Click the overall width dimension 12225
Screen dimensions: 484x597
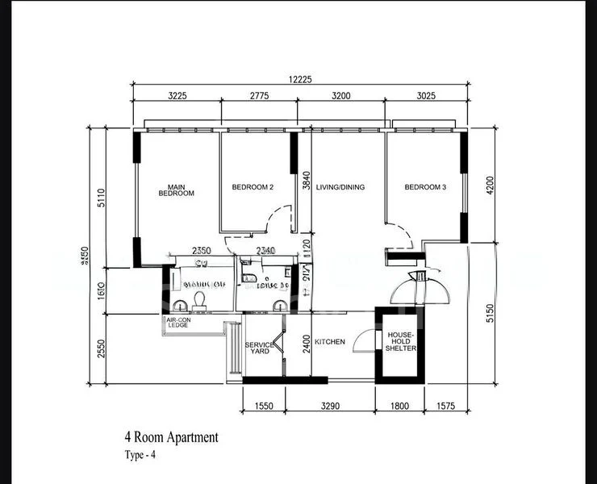pyautogui.click(x=298, y=78)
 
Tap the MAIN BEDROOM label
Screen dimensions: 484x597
pyautogui.click(x=176, y=190)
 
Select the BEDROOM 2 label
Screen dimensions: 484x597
pyautogui.click(x=253, y=187)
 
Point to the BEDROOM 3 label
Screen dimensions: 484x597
pyautogui.click(x=425, y=187)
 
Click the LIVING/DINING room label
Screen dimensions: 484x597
pyautogui.click(x=340, y=187)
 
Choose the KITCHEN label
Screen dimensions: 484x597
pyautogui.click(x=330, y=342)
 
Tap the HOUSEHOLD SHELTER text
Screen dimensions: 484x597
pyautogui.click(x=402, y=340)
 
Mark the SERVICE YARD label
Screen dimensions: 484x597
pyautogui.click(x=260, y=348)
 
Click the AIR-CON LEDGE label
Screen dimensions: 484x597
pyautogui.click(x=177, y=323)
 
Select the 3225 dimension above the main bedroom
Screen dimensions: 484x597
pyautogui.click(x=176, y=95)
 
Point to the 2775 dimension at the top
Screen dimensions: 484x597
pyautogui.click(x=259, y=95)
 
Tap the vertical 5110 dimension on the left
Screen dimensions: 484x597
pyautogui.click(x=101, y=198)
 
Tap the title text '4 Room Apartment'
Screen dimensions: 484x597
pyautogui.click(x=171, y=438)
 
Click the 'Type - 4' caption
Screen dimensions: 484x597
pyautogui.click(x=142, y=456)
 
